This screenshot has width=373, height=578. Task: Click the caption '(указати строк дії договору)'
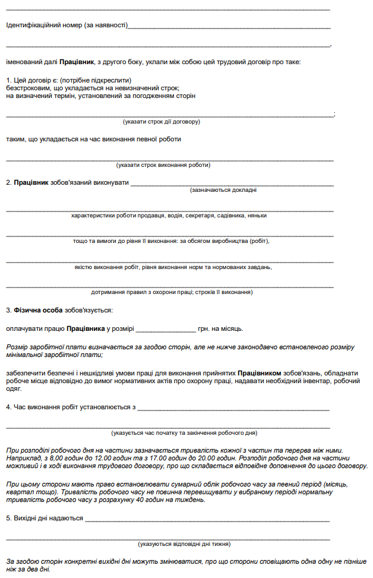coord(162,121)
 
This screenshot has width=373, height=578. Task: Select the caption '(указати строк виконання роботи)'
coord(163,165)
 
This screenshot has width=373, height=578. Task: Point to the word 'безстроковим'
coord(26,87)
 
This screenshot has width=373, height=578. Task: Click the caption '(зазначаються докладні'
coord(223,190)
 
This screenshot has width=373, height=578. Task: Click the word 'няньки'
coord(256,216)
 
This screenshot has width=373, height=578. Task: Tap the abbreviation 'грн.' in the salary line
coord(206,329)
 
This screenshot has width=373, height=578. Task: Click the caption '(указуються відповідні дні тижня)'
coord(184,544)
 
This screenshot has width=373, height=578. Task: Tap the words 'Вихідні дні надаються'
coord(45,518)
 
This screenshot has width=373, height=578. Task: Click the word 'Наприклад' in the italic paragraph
coord(22,459)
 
